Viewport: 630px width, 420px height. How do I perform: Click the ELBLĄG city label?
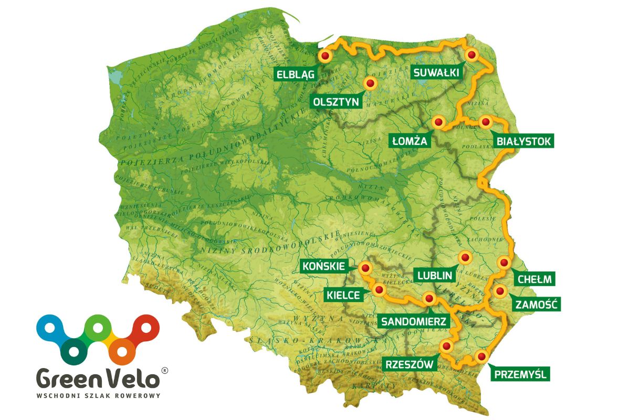click(x=296, y=75)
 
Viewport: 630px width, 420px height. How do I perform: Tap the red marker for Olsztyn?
click(x=371, y=83)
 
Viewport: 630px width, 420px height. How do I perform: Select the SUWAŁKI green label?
click(x=436, y=72)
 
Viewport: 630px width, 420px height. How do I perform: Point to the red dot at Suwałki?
click(x=471, y=54)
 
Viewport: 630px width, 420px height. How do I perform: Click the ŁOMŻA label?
click(x=411, y=141)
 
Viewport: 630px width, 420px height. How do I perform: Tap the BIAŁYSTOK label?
click(x=524, y=141)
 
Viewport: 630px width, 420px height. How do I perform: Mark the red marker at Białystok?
click(x=486, y=122)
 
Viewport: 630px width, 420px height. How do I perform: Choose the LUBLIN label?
click(x=435, y=275)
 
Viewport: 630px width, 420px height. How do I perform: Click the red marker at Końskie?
click(x=364, y=269)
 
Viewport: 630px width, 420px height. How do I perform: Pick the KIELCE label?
click(x=342, y=296)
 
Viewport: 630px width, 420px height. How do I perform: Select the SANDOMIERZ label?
click(x=414, y=321)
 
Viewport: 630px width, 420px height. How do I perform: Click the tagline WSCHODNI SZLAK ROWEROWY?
click(x=98, y=395)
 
